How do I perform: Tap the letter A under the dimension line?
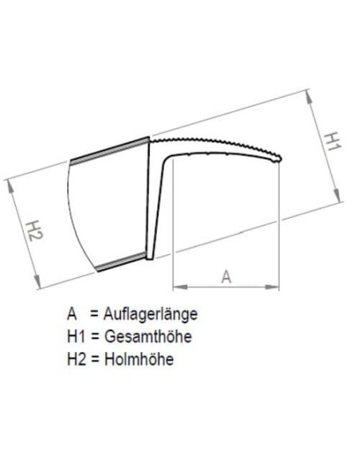tap(225, 276)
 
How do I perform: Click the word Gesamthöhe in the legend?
tap(152, 337)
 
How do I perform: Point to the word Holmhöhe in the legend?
tap(141, 358)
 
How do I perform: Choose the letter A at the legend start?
tap(73, 315)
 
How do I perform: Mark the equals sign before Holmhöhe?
tap(99, 359)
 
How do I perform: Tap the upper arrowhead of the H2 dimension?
tap(11, 182)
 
